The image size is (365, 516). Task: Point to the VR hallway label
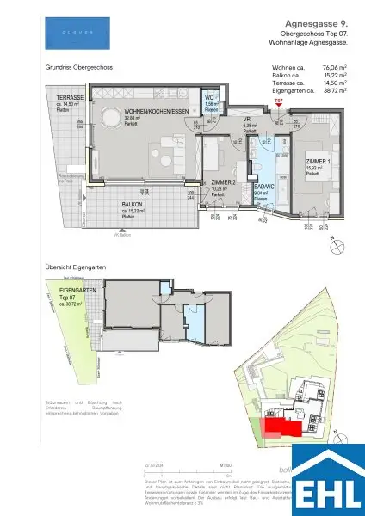pyautogui.click(x=245, y=120)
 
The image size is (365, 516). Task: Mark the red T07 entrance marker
pyautogui.click(x=277, y=102)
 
